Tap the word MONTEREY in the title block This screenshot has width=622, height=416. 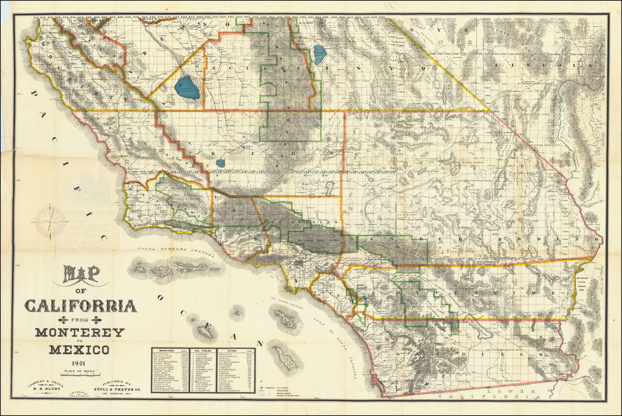[x=79, y=332]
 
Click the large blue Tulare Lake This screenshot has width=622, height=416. [x=187, y=88]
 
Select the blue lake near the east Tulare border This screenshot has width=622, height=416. [x=320, y=55]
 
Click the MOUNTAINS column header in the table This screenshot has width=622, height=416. [x=168, y=351]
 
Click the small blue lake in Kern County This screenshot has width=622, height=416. [x=220, y=163]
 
